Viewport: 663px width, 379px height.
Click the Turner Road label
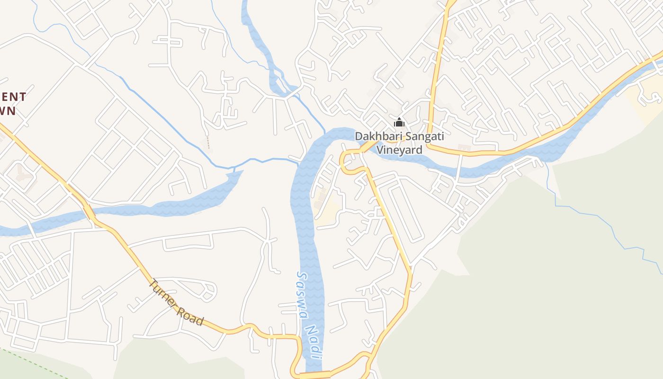(x=176, y=303)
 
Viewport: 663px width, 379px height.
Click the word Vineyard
(x=399, y=150)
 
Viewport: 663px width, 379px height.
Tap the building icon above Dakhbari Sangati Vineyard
(x=399, y=123)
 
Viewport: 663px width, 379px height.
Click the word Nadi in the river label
(x=314, y=343)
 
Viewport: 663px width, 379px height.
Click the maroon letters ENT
(x=13, y=97)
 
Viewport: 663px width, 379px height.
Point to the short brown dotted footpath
(x=208, y=142)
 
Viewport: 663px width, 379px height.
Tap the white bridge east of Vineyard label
(x=459, y=166)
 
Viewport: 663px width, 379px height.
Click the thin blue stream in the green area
(x=606, y=223)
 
